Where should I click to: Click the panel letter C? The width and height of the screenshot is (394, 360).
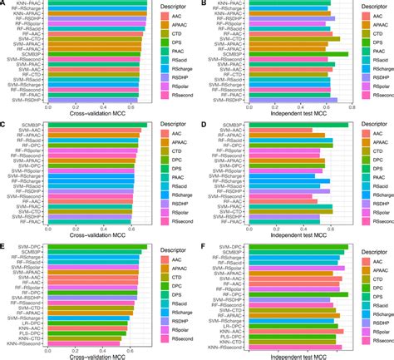4,125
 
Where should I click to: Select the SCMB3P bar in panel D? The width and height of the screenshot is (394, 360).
299,126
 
